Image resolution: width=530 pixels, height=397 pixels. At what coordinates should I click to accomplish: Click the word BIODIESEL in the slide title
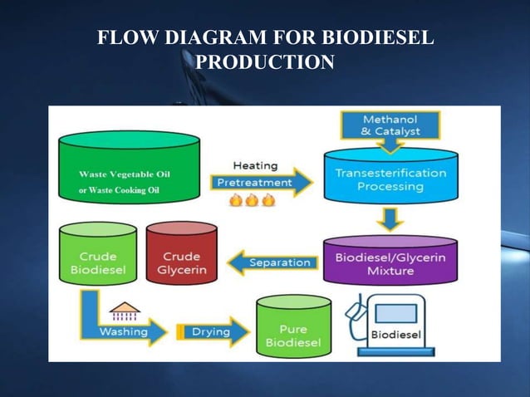point(378,39)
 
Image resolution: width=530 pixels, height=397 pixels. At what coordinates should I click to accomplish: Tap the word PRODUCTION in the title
point(265,63)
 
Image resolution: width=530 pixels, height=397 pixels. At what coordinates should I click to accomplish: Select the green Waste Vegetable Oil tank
point(129,169)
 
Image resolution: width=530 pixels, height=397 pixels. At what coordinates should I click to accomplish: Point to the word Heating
point(255,165)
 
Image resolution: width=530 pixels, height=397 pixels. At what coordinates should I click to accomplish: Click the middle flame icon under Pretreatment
point(252,200)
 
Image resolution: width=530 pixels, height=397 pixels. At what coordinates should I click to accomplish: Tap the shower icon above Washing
point(125,311)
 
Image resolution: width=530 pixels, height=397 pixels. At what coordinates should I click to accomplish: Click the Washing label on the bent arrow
point(123,332)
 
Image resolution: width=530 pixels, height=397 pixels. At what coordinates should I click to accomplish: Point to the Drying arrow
point(213,332)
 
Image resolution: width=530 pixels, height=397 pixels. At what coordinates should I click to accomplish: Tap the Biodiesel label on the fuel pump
point(395,336)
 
